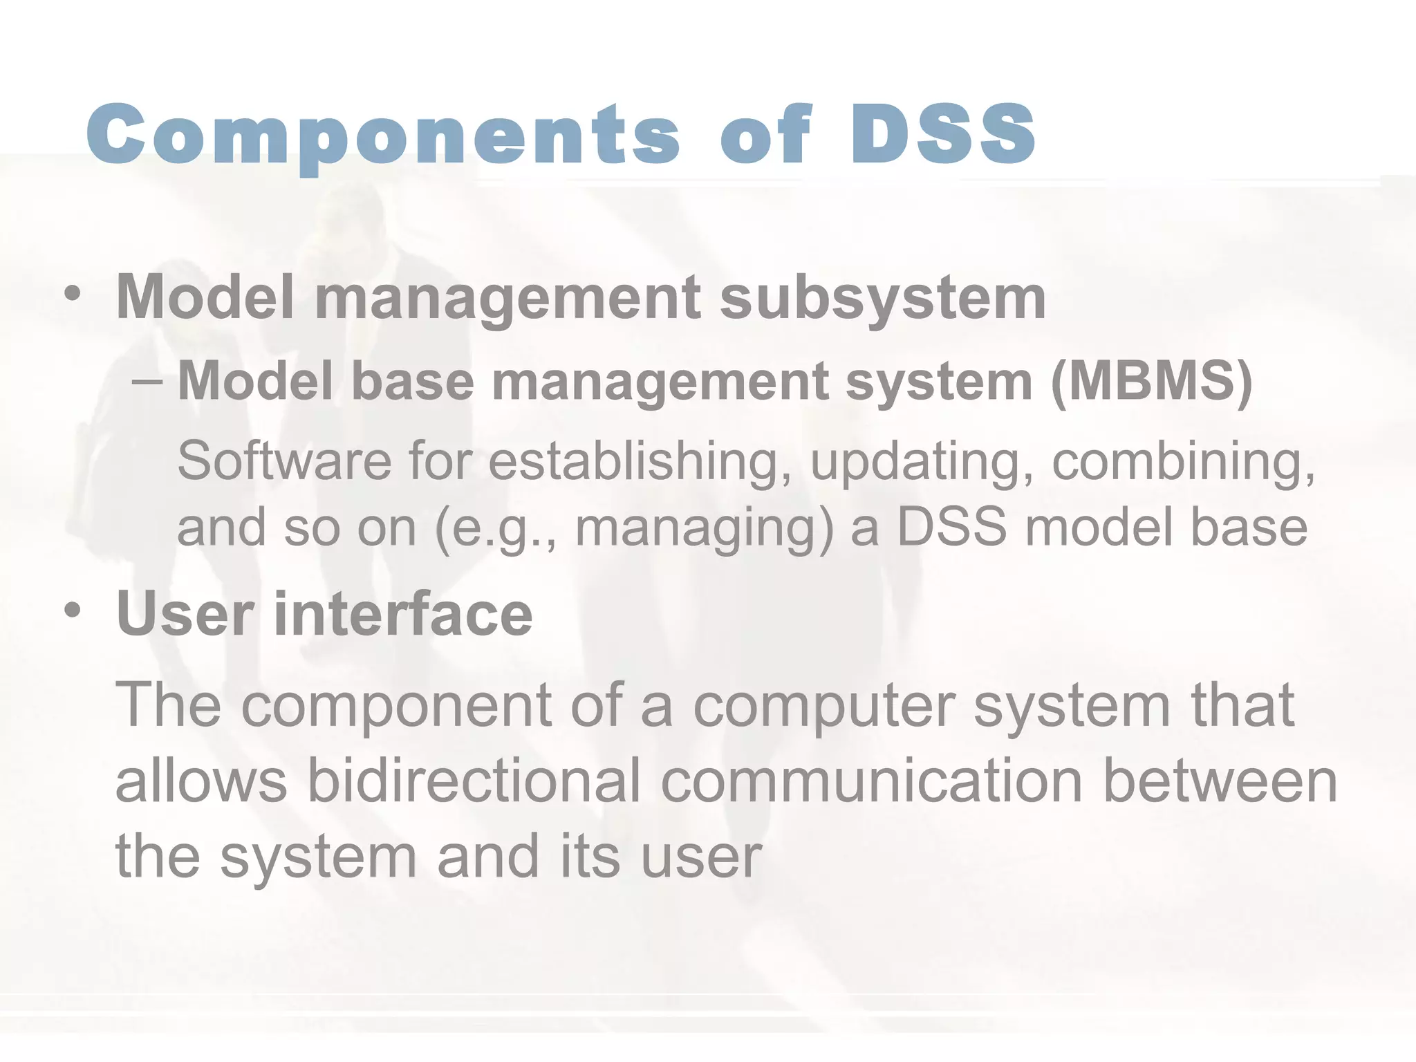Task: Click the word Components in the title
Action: pyautogui.click(x=384, y=135)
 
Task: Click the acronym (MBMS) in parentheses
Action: pyautogui.click(x=1151, y=381)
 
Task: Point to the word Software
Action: pyautogui.click(x=284, y=460)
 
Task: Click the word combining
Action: pyautogui.click(x=1183, y=460)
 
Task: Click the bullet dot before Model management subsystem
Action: pyautogui.click(x=72, y=295)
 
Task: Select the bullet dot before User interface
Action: pyautogui.click(x=72, y=611)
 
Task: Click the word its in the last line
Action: pyautogui.click(x=589, y=856)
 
